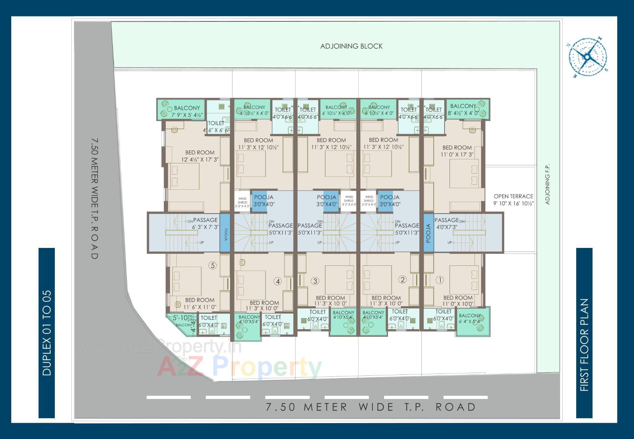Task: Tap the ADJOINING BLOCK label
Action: (351, 46)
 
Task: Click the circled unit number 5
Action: (213, 265)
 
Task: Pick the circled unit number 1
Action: (440, 280)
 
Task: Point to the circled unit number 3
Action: (315, 281)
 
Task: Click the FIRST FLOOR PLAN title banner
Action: (584, 345)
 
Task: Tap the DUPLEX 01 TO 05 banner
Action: (47, 333)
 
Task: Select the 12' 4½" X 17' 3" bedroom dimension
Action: (200, 160)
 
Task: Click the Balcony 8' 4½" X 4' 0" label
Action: (463, 109)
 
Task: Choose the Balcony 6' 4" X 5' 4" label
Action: (470, 318)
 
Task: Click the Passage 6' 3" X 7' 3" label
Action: (205, 223)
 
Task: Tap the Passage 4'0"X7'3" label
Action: (446, 223)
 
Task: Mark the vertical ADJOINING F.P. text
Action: (547, 184)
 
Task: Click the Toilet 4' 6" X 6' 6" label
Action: (216, 127)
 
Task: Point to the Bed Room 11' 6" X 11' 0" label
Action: (199, 303)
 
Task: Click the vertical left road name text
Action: (94, 198)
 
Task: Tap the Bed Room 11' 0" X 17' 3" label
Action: (457, 151)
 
